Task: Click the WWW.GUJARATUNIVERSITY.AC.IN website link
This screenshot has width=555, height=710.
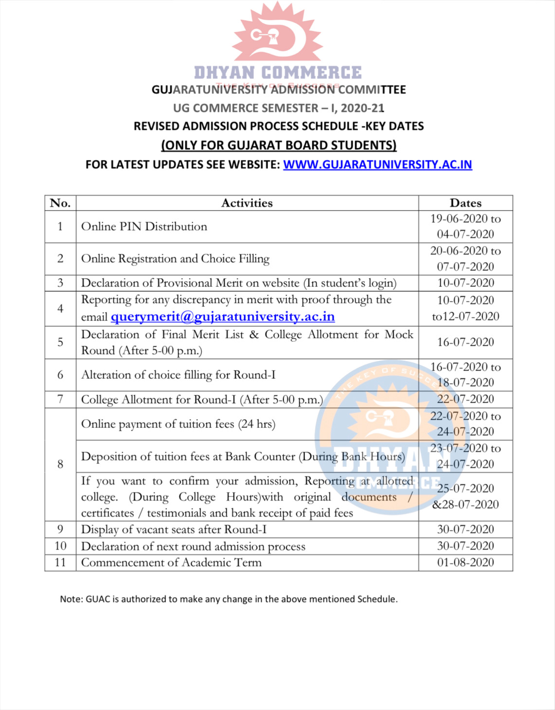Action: pos(377,164)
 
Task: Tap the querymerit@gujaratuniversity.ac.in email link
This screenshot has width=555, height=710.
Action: pos(223,317)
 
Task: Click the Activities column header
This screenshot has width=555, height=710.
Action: pos(247,203)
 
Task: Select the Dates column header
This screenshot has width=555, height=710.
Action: pos(465,203)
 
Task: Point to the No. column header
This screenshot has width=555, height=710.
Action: pos(60,203)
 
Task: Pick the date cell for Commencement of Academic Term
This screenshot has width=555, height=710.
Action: pos(465,563)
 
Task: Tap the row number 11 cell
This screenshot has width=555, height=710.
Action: pos(60,563)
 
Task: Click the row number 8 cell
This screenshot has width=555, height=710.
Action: pos(60,464)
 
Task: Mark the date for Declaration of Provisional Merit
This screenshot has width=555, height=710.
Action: pos(465,283)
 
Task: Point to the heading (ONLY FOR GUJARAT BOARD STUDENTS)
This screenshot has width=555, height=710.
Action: pos(279,145)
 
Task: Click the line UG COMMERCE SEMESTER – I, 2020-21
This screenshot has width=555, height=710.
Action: pos(279,108)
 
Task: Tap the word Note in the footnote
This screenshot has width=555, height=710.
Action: pos(71,599)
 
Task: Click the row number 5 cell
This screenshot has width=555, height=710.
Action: pos(60,342)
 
